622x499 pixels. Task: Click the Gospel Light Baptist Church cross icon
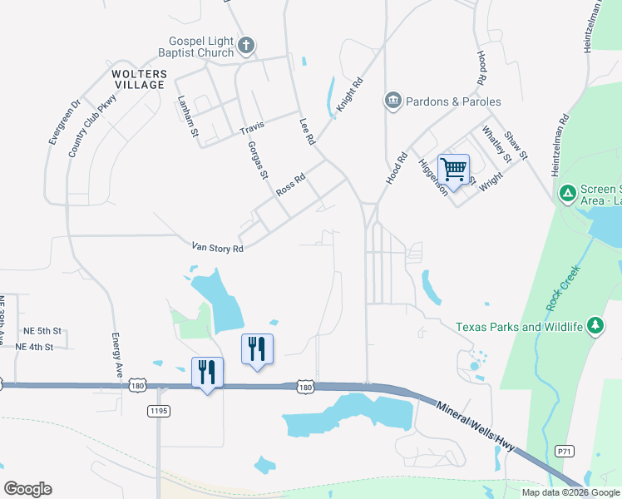click(246, 45)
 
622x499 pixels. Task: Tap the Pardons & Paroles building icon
click(392, 101)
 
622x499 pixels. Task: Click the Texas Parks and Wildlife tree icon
click(595, 326)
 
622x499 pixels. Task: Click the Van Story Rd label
click(217, 247)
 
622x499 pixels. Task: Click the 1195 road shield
click(159, 411)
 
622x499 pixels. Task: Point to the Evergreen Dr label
click(64, 123)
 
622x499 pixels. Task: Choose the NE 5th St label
click(42, 330)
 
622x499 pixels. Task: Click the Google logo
click(27, 489)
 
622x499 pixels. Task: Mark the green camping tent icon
click(567, 194)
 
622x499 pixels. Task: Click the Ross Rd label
click(292, 184)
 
